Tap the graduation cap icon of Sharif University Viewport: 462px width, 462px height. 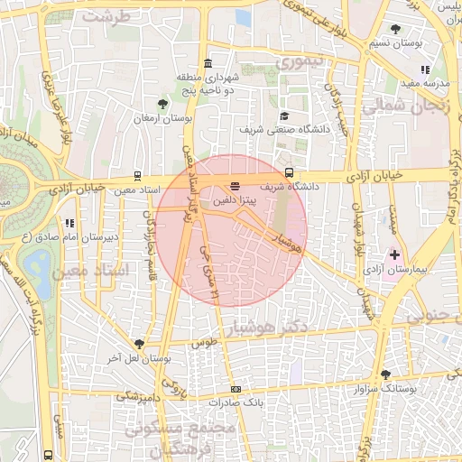point(285,115)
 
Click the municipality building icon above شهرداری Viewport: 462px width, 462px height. point(208,64)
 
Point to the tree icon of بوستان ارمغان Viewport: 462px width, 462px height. point(162,104)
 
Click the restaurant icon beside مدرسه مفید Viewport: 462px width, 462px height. point(424,69)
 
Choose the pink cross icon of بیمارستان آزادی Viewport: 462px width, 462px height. point(394,255)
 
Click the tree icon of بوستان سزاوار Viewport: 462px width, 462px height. point(386,374)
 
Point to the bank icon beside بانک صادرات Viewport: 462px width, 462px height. point(236,390)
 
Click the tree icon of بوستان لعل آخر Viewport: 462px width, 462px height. point(139,344)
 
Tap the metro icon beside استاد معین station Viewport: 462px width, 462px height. point(137,175)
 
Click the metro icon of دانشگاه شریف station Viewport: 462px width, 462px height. point(289,172)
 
